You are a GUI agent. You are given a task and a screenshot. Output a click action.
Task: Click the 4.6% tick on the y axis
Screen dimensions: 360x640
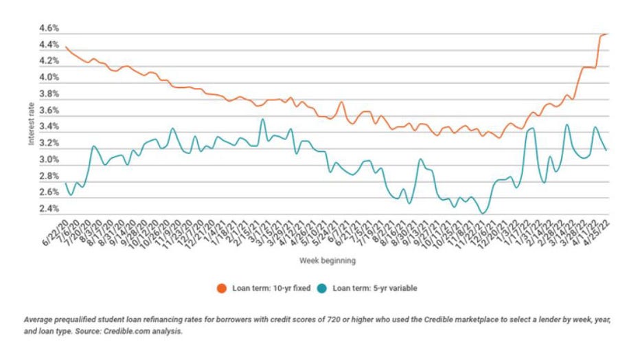pyautogui.click(x=50, y=29)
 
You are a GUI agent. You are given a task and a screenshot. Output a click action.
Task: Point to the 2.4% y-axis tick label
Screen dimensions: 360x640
pyautogui.click(x=50, y=209)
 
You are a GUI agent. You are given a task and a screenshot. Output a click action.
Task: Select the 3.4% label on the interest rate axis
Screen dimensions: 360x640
pyautogui.click(x=50, y=127)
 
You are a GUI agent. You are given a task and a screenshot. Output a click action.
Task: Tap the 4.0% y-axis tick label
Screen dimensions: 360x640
pyautogui.click(x=50, y=78)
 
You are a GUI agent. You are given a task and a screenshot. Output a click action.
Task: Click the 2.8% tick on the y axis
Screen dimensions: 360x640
pyautogui.click(x=50, y=177)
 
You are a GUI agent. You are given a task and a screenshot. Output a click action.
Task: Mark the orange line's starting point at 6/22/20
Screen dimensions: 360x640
pyautogui.click(x=65, y=47)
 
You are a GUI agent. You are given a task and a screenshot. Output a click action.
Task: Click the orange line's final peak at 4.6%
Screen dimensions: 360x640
pyautogui.click(x=605, y=34)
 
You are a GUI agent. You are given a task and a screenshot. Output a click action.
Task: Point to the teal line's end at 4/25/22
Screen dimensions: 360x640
pyautogui.click(x=606, y=150)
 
